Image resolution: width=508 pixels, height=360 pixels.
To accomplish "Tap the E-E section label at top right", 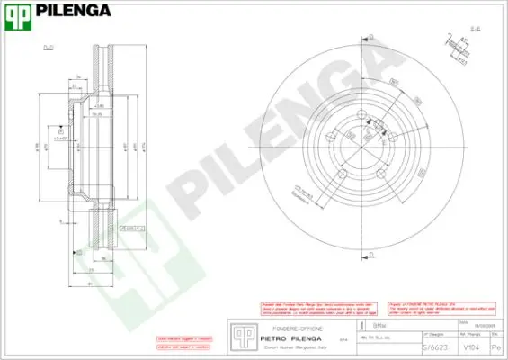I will tap(475, 29).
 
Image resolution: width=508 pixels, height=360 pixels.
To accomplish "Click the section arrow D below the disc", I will tap(370, 257).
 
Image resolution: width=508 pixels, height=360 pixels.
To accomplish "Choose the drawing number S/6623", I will tap(435, 346).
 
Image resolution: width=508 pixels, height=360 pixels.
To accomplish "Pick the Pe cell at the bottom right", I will tap(496, 346).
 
